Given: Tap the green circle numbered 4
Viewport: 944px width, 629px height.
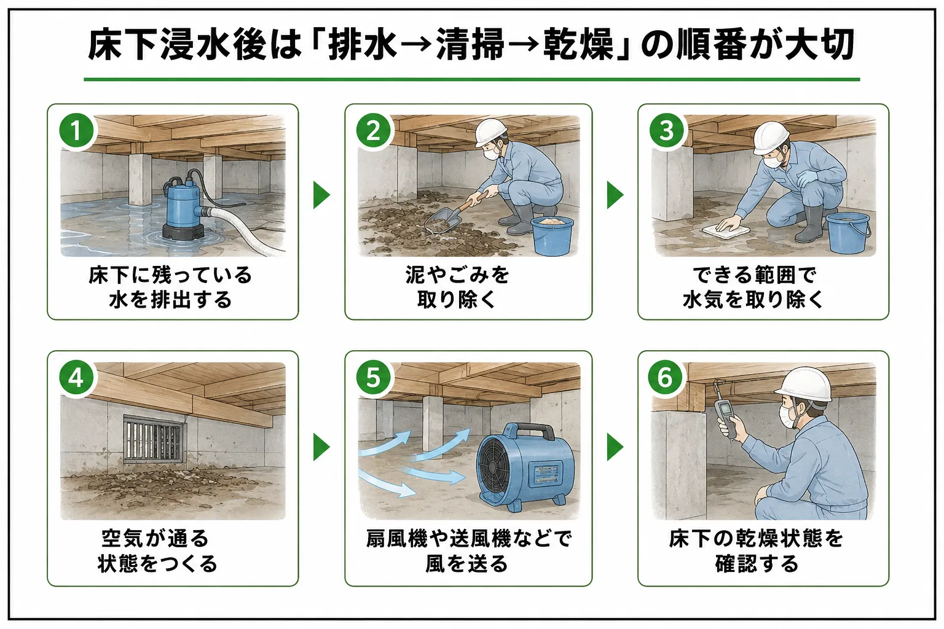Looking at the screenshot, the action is pyautogui.click(x=76, y=378).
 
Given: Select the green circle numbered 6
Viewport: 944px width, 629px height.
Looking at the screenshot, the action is pyautogui.click(x=666, y=378).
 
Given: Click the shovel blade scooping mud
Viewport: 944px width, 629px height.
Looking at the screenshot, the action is pyautogui.click(x=442, y=221).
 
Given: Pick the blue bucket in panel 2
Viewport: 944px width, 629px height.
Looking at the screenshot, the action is pyautogui.click(x=553, y=236).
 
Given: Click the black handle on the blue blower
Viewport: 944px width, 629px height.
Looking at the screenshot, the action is pyautogui.click(x=530, y=431).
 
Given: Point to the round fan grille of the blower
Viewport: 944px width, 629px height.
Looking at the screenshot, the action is pyautogui.click(x=498, y=468).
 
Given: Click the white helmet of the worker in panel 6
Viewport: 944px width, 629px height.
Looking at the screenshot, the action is pyautogui.click(x=804, y=385).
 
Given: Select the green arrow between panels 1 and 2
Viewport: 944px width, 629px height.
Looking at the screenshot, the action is pyautogui.click(x=321, y=195).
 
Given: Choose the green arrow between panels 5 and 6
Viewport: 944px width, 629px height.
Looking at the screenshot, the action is pyautogui.click(x=615, y=447).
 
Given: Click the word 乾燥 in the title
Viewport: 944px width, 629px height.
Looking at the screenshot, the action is pyautogui.click(x=578, y=44).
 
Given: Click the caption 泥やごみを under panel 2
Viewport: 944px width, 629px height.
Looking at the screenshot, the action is pyautogui.click(x=457, y=275).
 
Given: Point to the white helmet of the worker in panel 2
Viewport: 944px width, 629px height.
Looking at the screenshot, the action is pyautogui.click(x=491, y=131).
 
